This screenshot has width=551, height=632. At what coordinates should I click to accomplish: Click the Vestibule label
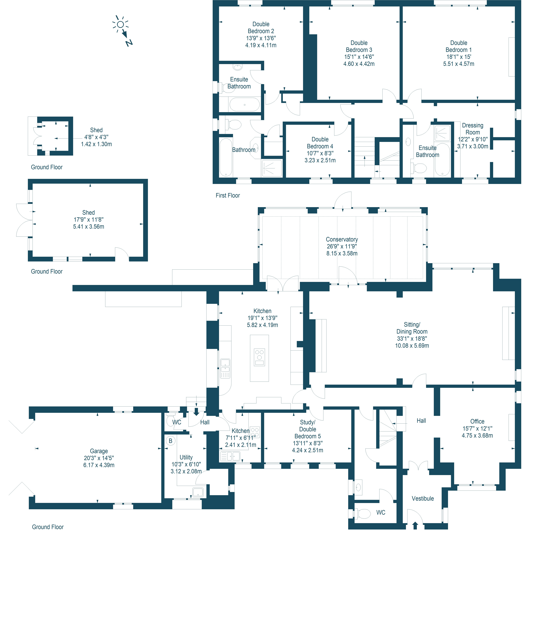[x=423, y=498]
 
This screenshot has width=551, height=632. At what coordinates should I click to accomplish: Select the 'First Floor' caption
[x=227, y=195]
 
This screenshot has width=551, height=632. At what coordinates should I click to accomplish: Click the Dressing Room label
[x=473, y=129]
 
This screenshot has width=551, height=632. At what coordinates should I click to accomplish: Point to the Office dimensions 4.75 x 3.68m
[x=477, y=435]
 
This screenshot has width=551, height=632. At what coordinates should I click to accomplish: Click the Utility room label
[x=186, y=457]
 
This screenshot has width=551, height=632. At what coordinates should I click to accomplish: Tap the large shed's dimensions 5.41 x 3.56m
[x=89, y=226]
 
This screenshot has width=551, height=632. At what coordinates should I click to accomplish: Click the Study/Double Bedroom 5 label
[x=308, y=429]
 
